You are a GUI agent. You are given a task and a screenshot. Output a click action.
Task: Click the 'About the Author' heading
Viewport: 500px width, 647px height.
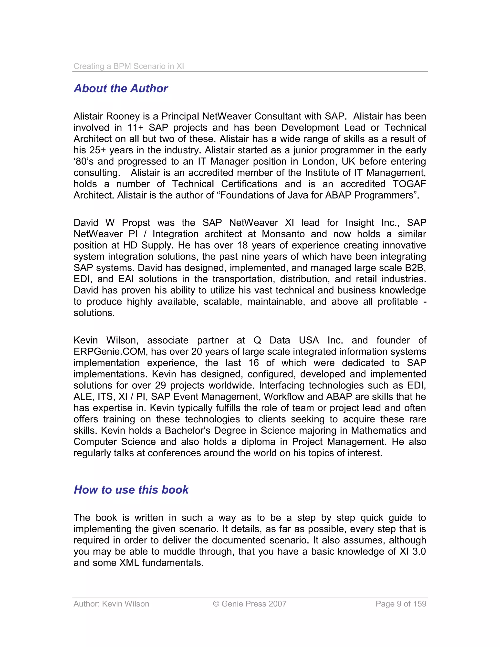tap(121, 88)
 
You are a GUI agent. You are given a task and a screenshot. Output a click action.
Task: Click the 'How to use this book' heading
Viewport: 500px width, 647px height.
tap(131, 490)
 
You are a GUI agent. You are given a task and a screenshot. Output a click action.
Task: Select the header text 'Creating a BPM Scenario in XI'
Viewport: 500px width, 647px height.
tap(129, 66)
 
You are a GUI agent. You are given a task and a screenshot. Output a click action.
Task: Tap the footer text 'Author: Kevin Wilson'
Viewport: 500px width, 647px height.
tap(111, 604)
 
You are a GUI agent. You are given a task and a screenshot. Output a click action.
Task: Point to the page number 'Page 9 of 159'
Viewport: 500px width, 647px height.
tap(401, 604)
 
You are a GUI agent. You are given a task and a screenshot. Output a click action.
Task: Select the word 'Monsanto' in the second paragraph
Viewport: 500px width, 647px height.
tap(283, 234)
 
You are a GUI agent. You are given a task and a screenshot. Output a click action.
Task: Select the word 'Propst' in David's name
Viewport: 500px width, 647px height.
tap(136, 223)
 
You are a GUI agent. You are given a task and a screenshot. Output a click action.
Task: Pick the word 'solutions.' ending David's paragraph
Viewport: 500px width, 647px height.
tap(94, 313)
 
